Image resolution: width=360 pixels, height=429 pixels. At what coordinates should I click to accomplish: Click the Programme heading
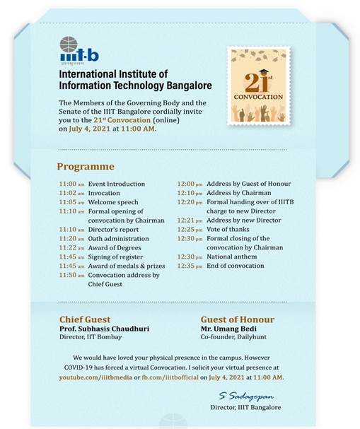point(85,167)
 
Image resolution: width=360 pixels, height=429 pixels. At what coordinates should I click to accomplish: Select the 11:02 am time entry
point(71,193)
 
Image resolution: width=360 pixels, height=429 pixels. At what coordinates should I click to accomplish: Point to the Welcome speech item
point(108,202)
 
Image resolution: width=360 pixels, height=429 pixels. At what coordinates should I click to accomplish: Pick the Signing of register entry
point(115,257)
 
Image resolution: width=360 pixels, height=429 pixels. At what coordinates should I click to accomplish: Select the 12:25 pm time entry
point(190,230)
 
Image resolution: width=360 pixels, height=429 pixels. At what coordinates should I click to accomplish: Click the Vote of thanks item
point(228,230)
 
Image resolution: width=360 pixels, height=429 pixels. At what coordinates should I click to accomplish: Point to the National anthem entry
point(231,257)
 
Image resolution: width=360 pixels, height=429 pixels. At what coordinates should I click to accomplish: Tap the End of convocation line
point(235,266)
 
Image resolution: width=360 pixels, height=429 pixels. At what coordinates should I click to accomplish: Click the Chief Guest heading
point(85,319)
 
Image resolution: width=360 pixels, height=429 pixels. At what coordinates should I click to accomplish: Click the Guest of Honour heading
point(237,319)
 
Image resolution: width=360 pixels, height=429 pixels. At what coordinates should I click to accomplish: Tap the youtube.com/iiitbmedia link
point(98,378)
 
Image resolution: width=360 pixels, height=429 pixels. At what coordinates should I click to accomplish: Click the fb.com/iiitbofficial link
point(173,378)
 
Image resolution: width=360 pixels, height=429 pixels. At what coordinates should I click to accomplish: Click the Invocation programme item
point(104,193)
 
